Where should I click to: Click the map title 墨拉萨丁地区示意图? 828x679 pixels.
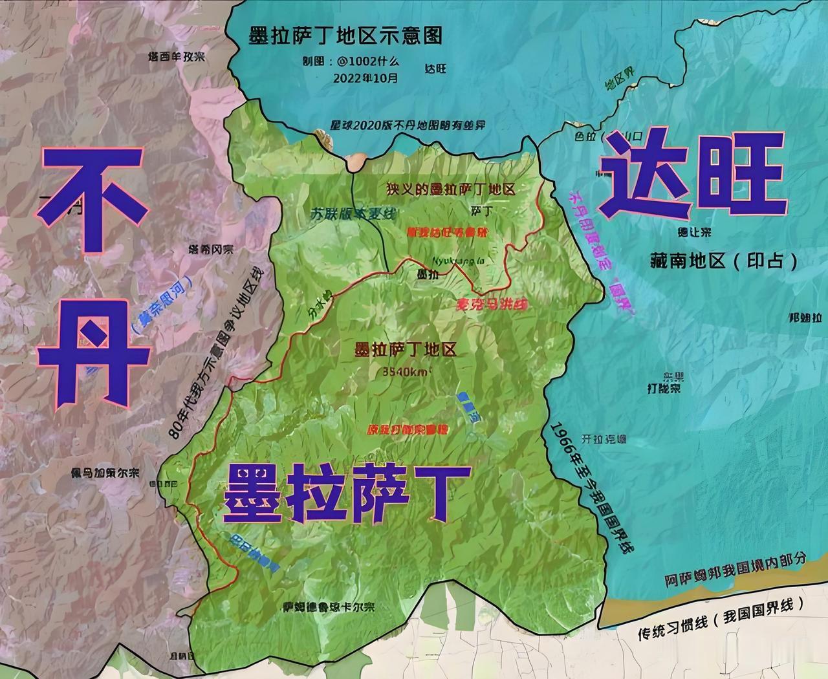(x=345, y=36)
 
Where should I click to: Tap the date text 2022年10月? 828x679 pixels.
(x=366, y=77)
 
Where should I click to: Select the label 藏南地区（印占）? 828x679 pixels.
(x=724, y=261)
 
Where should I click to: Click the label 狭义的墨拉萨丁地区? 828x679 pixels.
(x=451, y=189)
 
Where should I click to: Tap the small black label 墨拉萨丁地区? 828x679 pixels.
(x=406, y=350)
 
